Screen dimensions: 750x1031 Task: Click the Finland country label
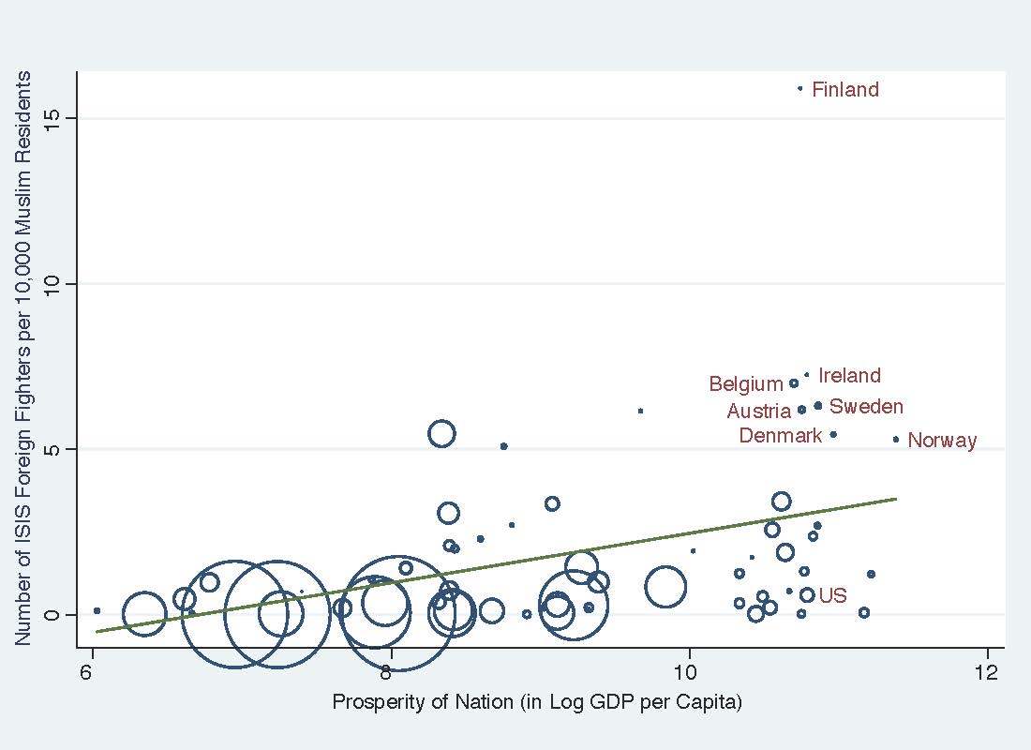coord(844,90)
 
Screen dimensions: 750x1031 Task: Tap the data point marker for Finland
coord(799,88)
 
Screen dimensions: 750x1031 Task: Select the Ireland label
coord(849,376)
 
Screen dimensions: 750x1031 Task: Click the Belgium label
coord(745,384)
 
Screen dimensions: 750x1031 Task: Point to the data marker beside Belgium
coord(794,382)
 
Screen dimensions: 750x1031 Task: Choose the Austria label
coord(758,412)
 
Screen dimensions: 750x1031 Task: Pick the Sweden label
coord(866,407)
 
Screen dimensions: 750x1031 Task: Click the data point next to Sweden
coord(818,406)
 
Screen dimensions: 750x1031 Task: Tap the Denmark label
coord(780,436)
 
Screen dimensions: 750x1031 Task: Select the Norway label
coord(942,441)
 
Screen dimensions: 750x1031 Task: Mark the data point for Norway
coord(896,439)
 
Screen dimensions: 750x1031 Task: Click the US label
coord(832,596)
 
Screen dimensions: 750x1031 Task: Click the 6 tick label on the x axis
coord(90,672)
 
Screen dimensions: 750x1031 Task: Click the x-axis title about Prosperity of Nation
coord(537,702)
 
